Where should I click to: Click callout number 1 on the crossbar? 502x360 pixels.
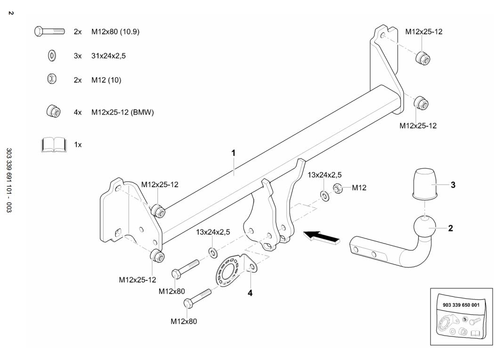(x=233, y=153)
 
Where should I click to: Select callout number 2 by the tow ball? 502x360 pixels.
(x=450, y=228)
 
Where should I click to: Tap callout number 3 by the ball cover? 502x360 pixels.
(x=453, y=185)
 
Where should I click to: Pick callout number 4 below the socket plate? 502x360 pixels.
(x=250, y=293)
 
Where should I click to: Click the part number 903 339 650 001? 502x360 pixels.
(x=462, y=305)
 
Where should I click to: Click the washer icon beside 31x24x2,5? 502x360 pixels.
(x=52, y=56)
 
